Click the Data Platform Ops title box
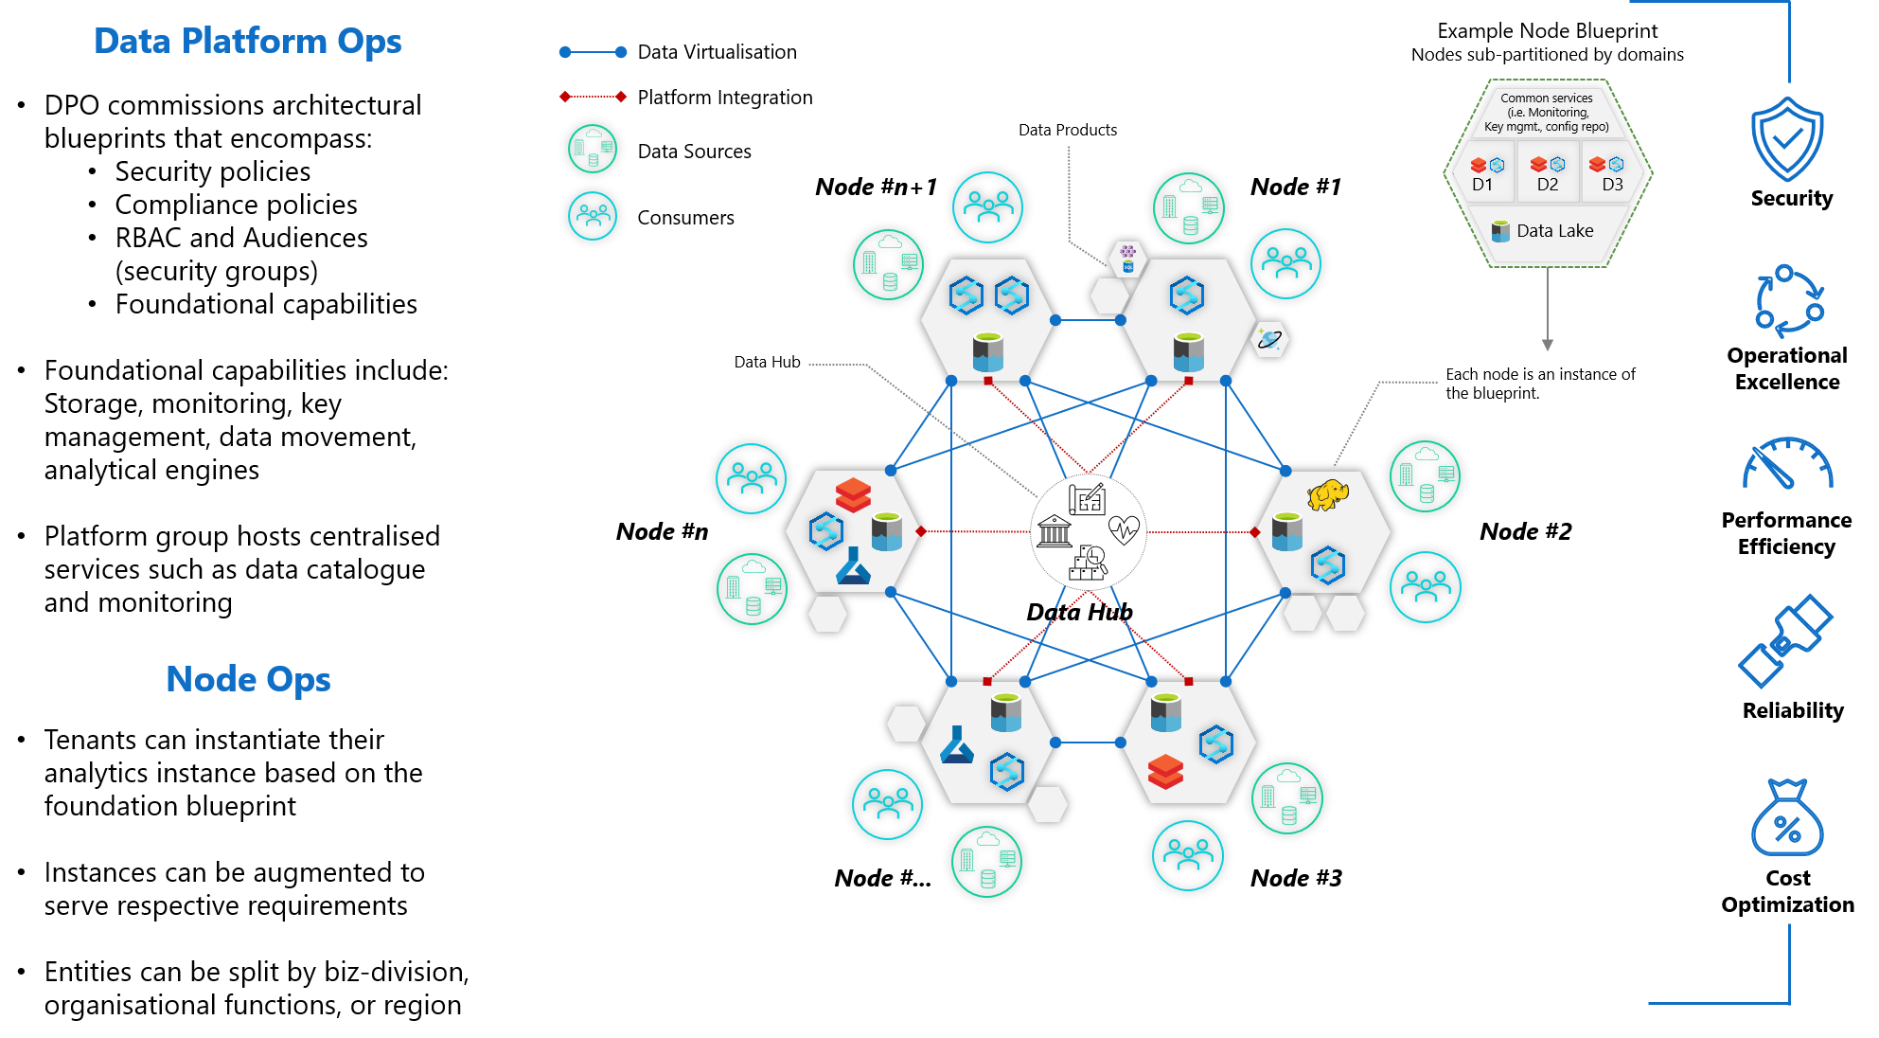pos(248,41)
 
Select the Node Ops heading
pos(248,679)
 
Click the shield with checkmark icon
pos(1786,139)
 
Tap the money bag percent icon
pos(1786,818)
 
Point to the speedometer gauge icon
pos(1786,464)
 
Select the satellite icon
pos(1785,640)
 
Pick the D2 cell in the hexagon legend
pos(1548,172)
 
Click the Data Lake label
pos(1554,231)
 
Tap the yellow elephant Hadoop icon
pos(1327,494)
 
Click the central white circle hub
pos(1089,532)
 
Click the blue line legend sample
pos(593,52)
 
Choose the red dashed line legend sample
pos(593,97)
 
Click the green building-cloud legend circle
pos(593,149)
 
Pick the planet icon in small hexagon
pos(1269,339)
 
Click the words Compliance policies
pos(236,205)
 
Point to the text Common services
pos(1546,98)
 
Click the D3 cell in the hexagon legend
pos(1611,172)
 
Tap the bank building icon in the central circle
pos(1054,531)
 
